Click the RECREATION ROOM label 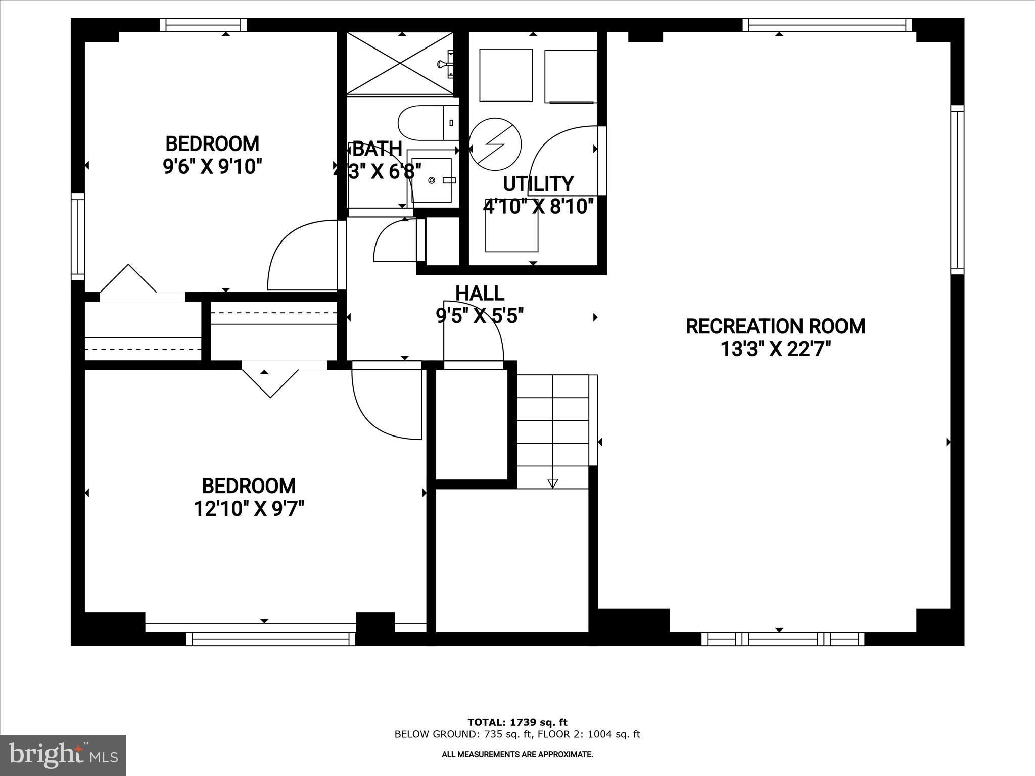point(775,326)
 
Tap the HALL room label point(480,294)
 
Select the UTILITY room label point(538,184)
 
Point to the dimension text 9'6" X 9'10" point(212,166)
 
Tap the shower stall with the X point(400,63)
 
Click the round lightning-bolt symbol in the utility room point(495,144)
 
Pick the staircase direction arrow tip point(552,483)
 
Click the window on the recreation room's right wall point(957,189)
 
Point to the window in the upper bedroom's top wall point(204,25)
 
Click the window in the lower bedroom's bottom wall point(270,639)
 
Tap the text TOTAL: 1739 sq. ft point(517,722)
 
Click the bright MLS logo point(63,755)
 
